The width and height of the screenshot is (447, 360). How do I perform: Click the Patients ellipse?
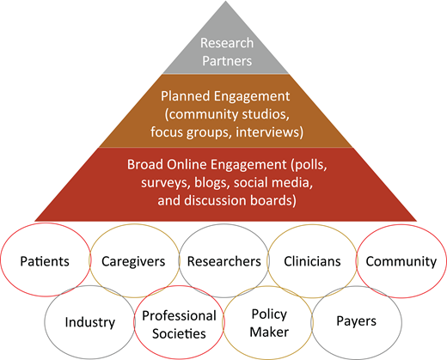[46, 260]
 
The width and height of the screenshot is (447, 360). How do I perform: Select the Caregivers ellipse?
[133, 260]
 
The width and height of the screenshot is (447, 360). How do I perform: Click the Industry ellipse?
[89, 323]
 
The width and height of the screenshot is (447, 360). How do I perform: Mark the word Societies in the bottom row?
[178, 332]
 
